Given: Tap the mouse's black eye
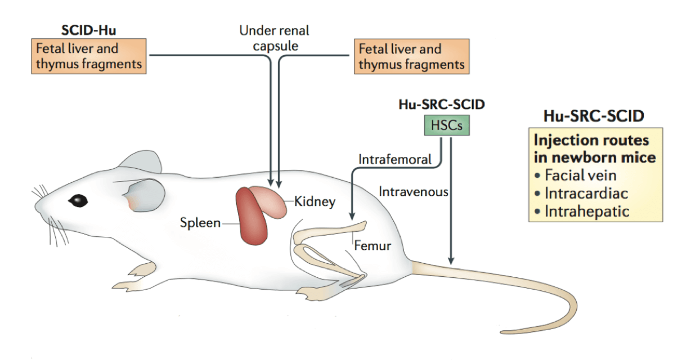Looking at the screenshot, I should pos(78,200).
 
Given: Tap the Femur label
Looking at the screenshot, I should pos(372,246).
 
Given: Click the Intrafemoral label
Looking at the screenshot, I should pos(395,159).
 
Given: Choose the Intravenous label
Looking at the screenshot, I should pos(414,192).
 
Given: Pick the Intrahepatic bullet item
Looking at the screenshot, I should pos(585,211).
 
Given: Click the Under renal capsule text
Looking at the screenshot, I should pos(274,37).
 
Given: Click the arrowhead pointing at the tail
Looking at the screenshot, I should pos(450,260).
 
